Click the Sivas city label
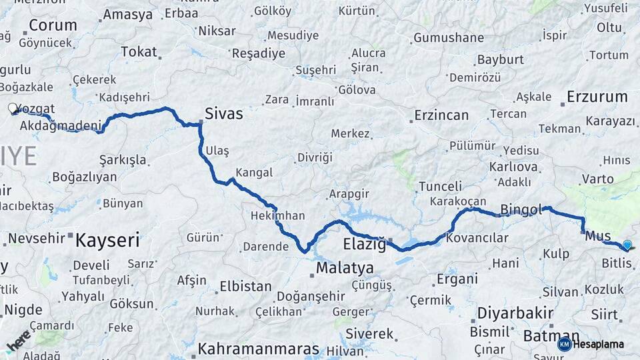224,113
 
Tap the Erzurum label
597,97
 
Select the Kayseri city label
107,240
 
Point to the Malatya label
345,268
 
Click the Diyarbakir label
515,313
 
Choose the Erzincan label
441,115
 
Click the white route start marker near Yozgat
13,108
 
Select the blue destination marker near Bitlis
627,245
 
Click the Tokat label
139,51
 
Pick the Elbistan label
245,287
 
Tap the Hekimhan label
277,216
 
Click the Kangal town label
254,172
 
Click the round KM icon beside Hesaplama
565,344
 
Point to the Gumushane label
449,38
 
